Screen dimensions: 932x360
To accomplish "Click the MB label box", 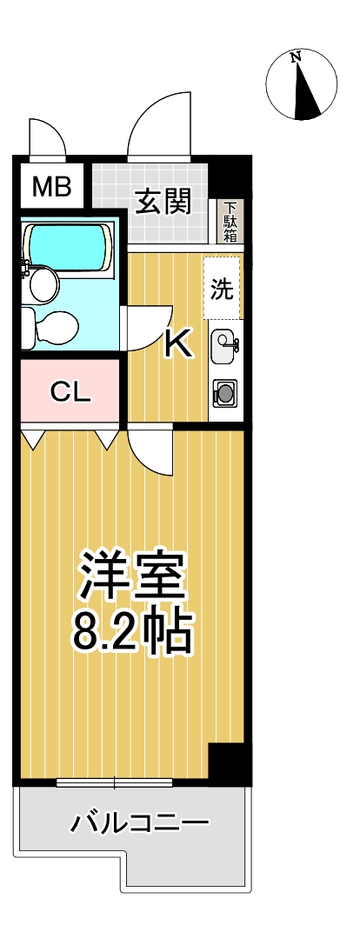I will [x=52, y=187].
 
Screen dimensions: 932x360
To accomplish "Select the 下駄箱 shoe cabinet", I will [x=231, y=223].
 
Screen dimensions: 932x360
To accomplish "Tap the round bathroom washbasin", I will [x=43, y=283].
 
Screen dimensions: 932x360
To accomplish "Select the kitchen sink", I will [x=223, y=348].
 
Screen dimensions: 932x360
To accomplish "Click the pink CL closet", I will [x=70, y=392].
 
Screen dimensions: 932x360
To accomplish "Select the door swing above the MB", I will [x=46, y=136].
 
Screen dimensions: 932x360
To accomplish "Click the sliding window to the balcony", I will [x=113, y=782].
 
